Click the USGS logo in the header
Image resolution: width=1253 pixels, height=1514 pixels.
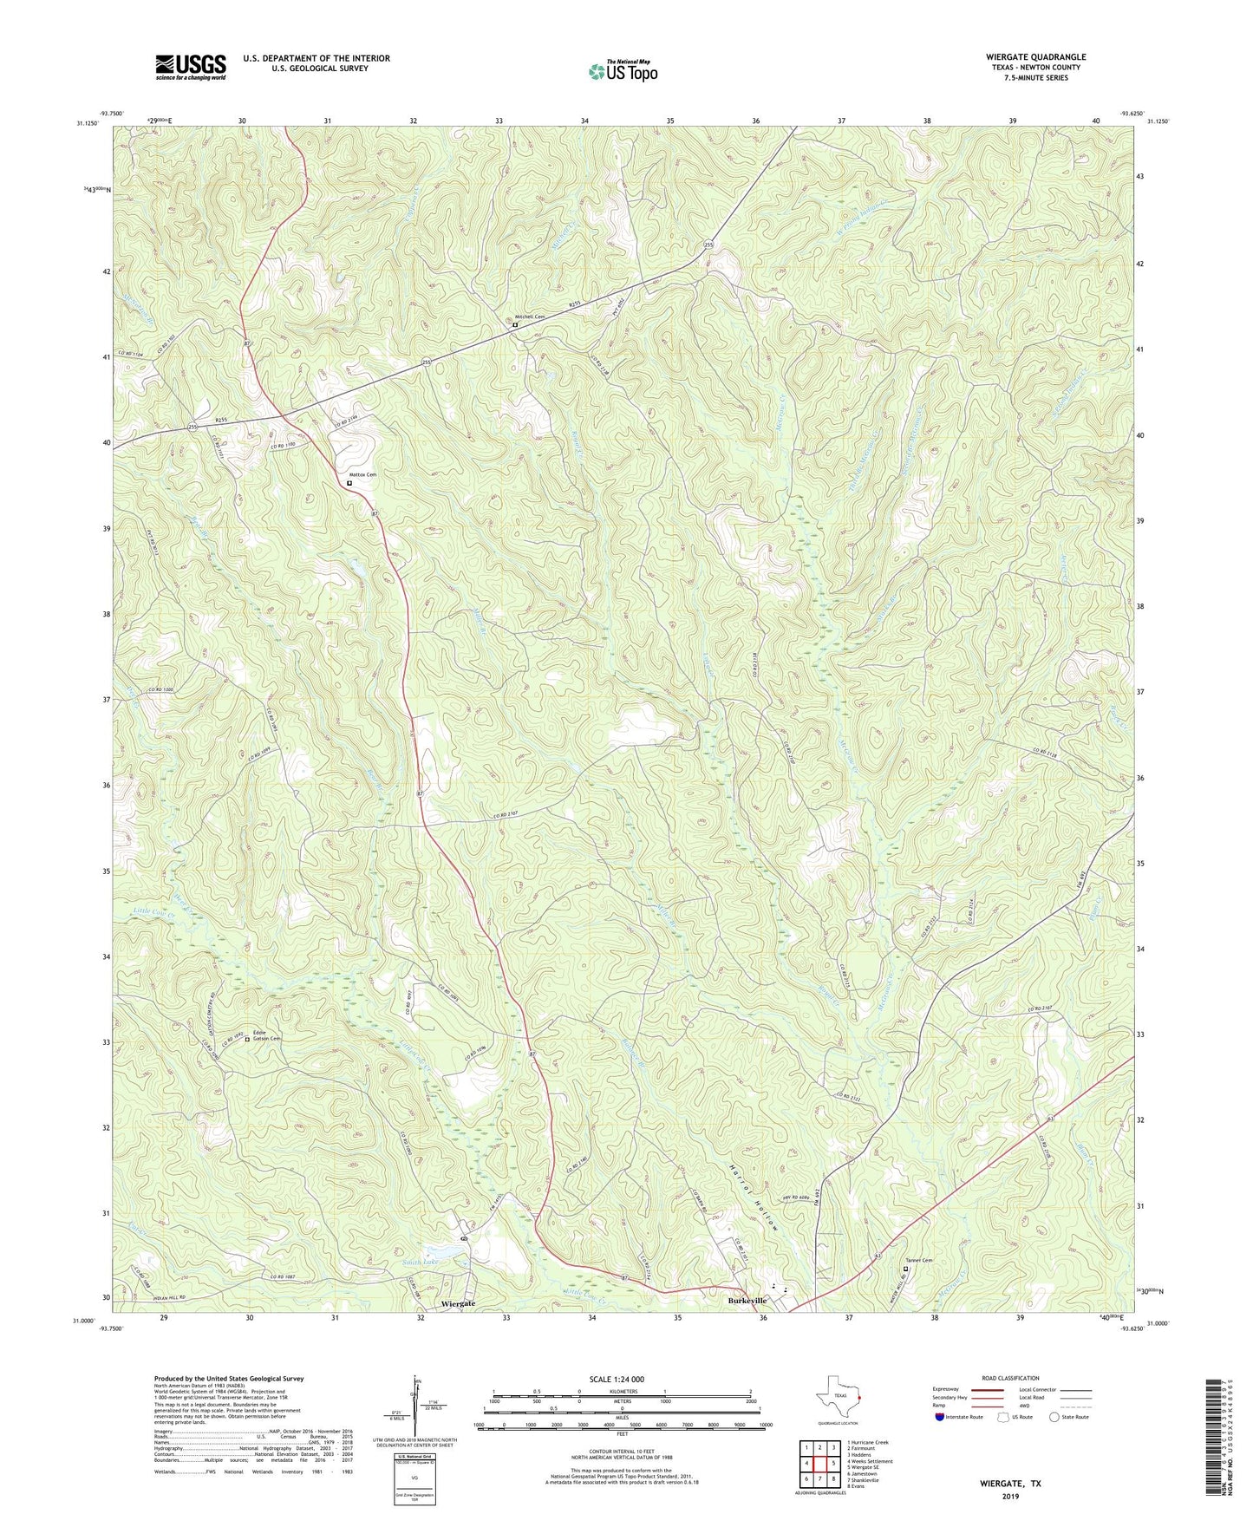tap(191, 66)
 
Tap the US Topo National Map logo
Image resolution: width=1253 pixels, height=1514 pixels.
tap(623, 72)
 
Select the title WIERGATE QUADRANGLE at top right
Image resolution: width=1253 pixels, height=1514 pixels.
tap(1029, 57)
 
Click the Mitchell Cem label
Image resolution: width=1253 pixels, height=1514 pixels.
tap(532, 317)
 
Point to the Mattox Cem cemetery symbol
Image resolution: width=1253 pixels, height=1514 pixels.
tap(349, 484)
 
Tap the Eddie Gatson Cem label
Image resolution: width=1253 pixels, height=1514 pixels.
tap(266, 1035)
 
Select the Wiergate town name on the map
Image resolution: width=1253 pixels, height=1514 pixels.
tap(458, 1303)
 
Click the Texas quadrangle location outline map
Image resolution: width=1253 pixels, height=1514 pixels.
tap(837, 1397)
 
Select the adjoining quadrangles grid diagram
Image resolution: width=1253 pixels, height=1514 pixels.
tap(819, 1461)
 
